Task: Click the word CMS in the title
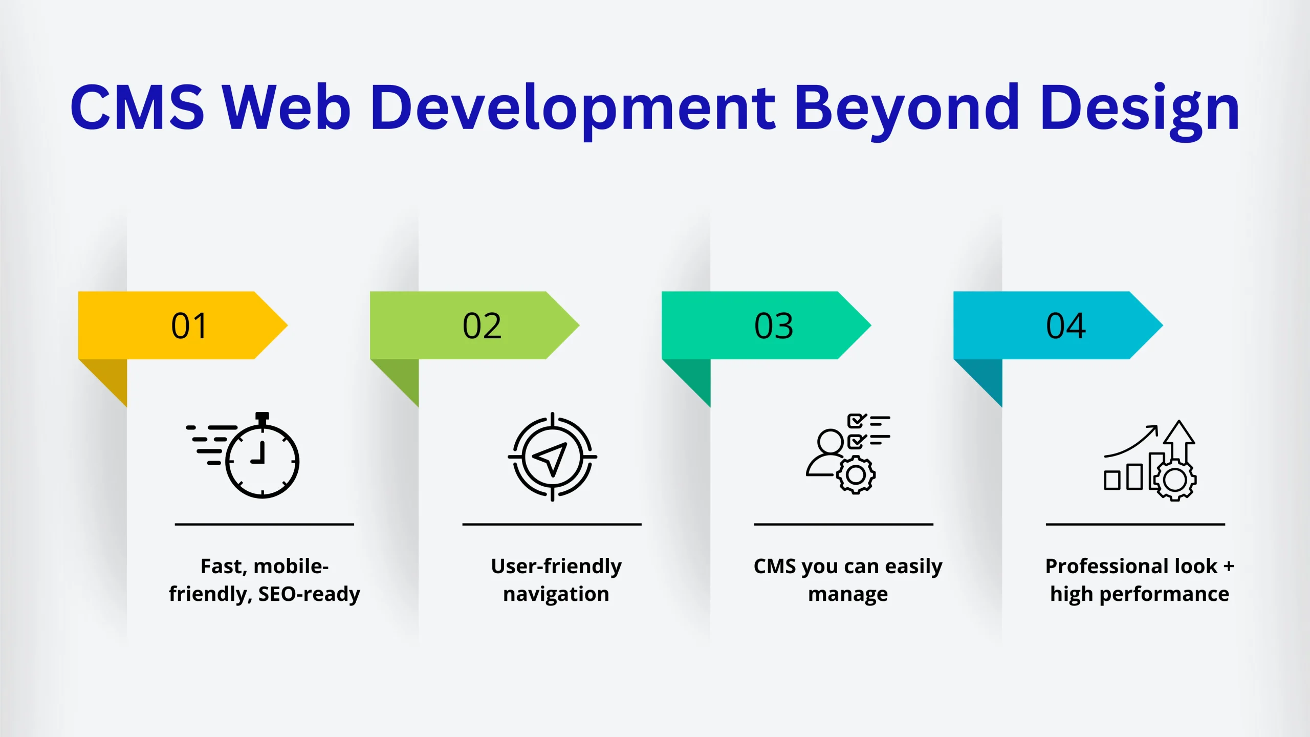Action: [x=137, y=107]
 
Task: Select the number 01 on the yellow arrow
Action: [x=189, y=326]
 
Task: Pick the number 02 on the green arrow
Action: [x=482, y=326]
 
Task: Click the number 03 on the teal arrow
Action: [x=774, y=326]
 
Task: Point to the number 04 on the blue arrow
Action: [x=1066, y=326]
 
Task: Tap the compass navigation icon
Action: [x=553, y=457]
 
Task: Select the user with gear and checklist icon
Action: [x=848, y=453]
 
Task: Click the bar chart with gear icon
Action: [x=1150, y=460]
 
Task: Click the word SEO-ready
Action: [x=309, y=594]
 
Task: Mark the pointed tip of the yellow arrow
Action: [x=288, y=325]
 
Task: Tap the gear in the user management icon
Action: [x=856, y=475]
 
